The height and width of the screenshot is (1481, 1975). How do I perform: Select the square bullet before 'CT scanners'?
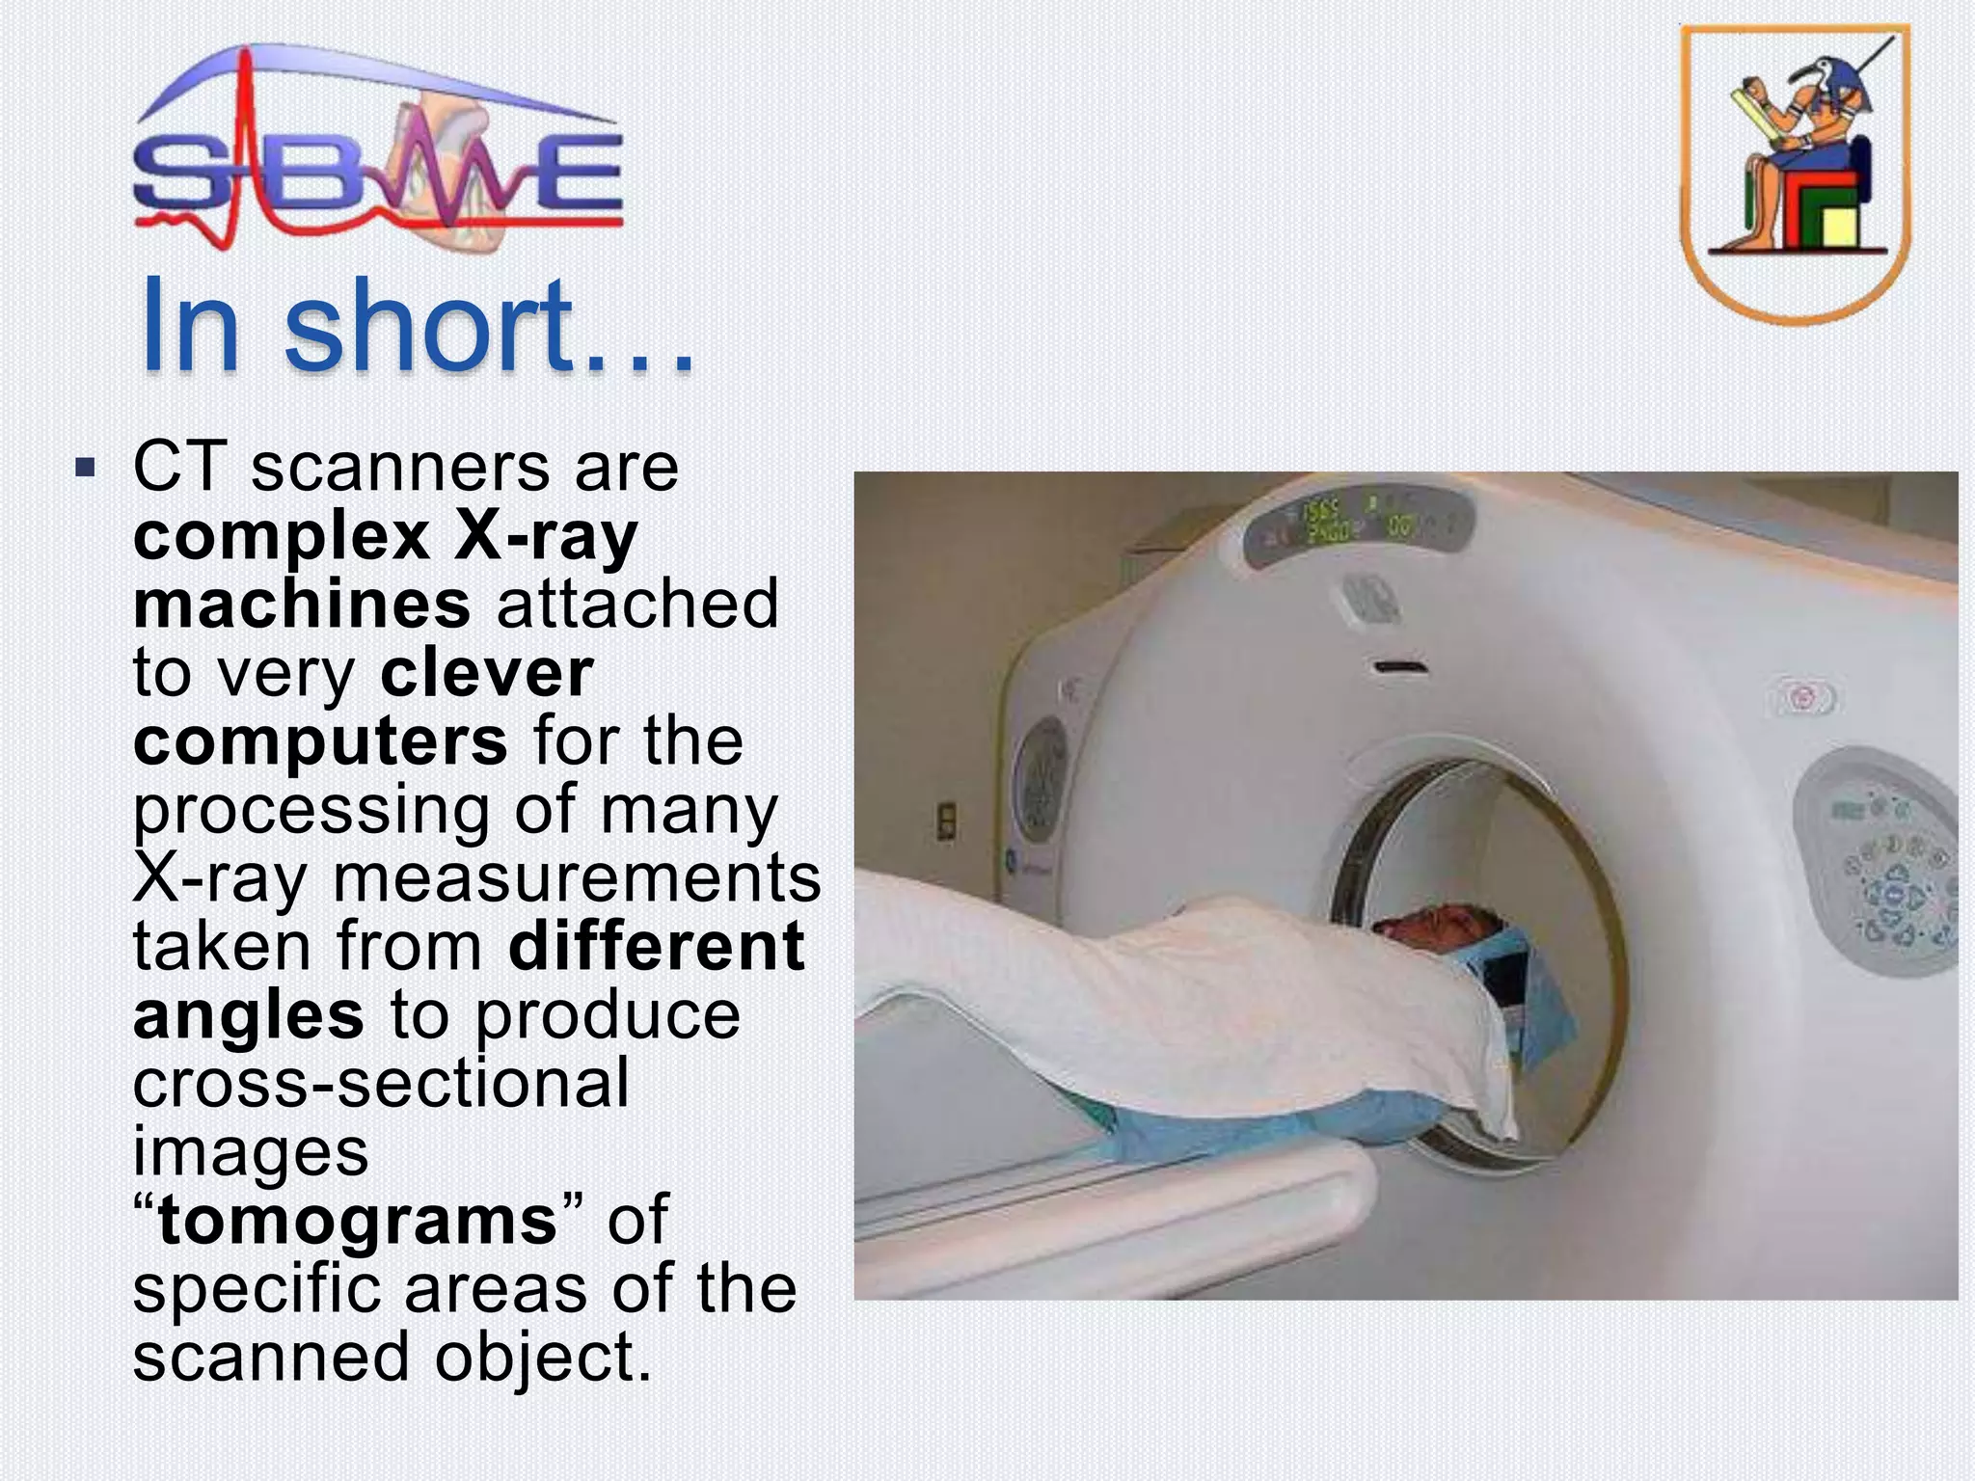point(86,471)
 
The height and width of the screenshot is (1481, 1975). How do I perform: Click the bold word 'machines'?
point(302,605)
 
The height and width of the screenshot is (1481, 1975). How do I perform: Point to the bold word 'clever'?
point(487,673)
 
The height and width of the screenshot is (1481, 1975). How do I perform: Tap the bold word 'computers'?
point(320,741)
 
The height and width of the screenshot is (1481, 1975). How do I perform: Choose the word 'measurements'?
point(576,878)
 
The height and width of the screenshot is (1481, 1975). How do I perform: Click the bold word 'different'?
point(656,947)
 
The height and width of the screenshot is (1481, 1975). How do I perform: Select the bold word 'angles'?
point(249,1015)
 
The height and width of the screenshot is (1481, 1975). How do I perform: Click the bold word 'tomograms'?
point(357,1221)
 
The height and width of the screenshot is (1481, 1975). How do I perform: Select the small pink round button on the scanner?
point(1800,697)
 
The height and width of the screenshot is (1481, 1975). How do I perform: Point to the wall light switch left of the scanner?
point(947,822)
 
